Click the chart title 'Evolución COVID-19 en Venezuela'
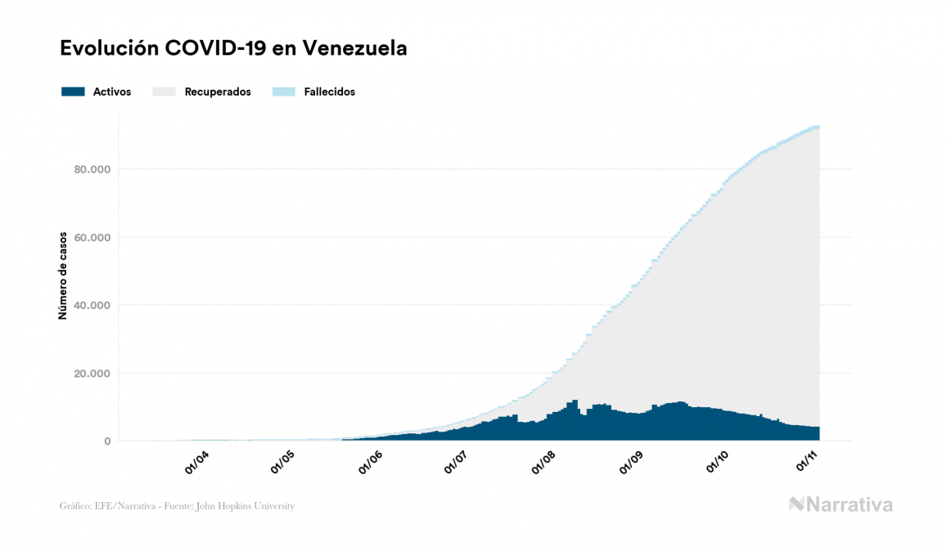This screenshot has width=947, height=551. pyautogui.click(x=234, y=48)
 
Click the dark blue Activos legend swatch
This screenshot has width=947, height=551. pyautogui.click(x=73, y=92)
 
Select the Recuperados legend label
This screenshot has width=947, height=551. pyautogui.click(x=218, y=92)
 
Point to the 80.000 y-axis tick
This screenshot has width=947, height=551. pyautogui.click(x=91, y=170)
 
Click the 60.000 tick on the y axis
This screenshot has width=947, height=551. pyautogui.click(x=91, y=238)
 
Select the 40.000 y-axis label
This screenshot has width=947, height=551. pyautogui.click(x=91, y=306)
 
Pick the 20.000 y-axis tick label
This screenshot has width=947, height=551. pyautogui.click(x=91, y=374)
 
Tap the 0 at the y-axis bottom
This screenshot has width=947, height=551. pyautogui.click(x=107, y=441)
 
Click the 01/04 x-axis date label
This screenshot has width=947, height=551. pyautogui.click(x=197, y=464)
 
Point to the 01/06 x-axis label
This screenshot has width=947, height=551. pyautogui.click(x=372, y=464)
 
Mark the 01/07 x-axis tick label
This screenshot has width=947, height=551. pyautogui.click(x=458, y=464)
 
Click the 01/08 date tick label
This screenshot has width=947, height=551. pyautogui.click(x=546, y=464)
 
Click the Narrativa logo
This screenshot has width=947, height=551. pyautogui.click(x=841, y=504)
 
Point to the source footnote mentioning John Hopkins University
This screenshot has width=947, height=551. pyautogui.click(x=177, y=506)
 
